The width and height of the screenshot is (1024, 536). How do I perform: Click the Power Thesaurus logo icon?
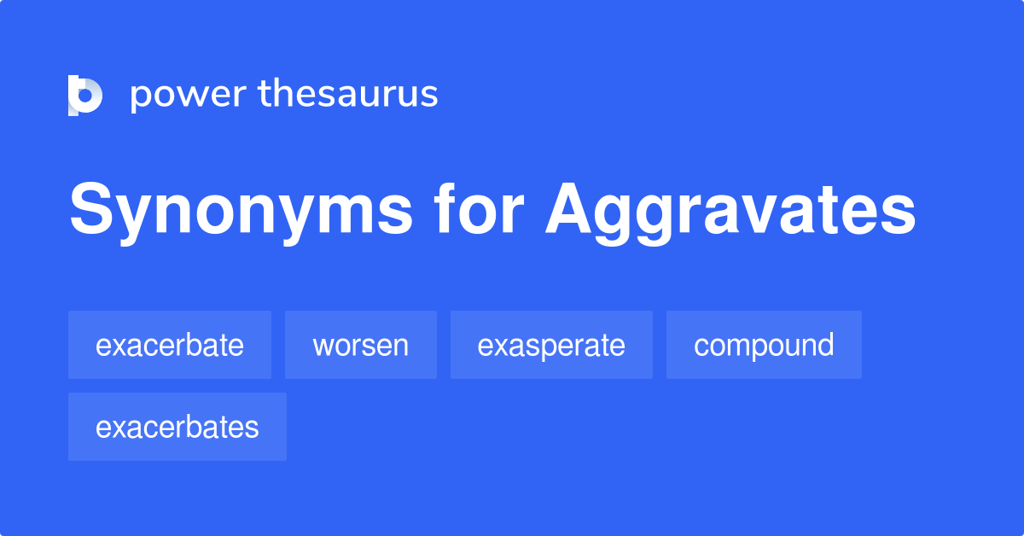(85, 95)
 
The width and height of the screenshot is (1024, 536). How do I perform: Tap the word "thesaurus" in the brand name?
(348, 94)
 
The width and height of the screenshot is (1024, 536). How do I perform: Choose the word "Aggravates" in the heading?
(730, 213)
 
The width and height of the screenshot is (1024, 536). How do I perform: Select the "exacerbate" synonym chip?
(170, 345)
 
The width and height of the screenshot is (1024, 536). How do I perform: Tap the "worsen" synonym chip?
(361, 345)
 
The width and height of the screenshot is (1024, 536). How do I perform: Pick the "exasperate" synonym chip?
(551, 345)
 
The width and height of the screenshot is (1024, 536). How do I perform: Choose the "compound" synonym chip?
(764, 345)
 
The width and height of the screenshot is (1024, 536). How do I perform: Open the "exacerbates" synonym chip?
(177, 427)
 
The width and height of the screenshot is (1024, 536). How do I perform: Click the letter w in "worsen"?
(323, 346)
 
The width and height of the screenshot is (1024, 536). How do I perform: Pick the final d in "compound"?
(824, 345)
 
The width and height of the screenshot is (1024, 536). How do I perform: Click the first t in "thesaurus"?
(265, 94)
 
